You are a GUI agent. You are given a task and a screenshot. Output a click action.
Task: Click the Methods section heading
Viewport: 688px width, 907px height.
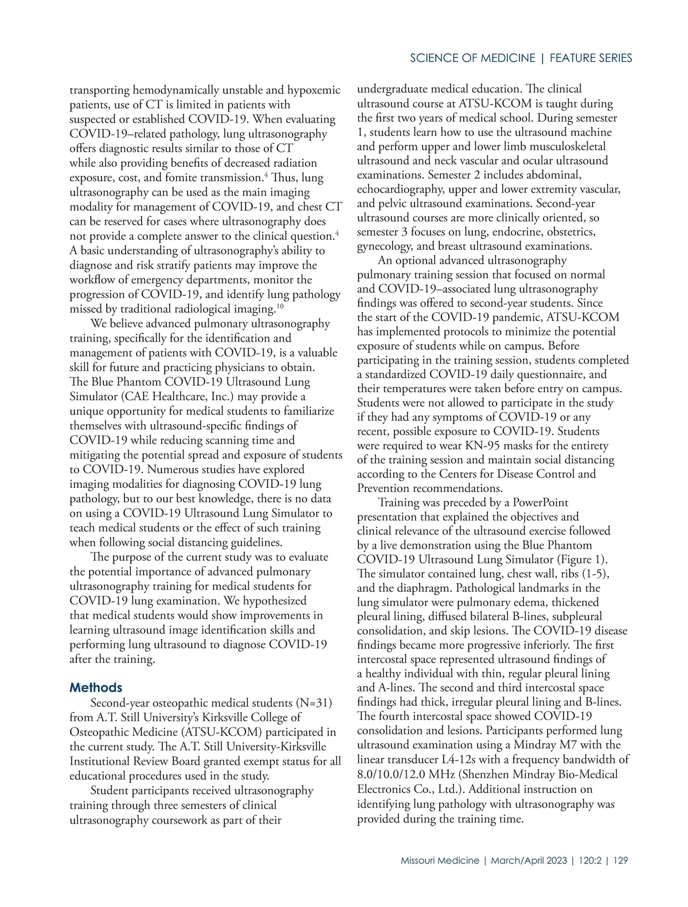click(x=96, y=687)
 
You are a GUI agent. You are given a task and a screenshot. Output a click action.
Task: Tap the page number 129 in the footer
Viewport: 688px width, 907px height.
click(x=620, y=861)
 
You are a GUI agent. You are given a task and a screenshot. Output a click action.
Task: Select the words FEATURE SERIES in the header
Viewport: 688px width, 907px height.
click(x=591, y=58)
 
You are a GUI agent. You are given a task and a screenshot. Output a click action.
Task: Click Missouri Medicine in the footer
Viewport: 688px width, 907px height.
click(x=440, y=861)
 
